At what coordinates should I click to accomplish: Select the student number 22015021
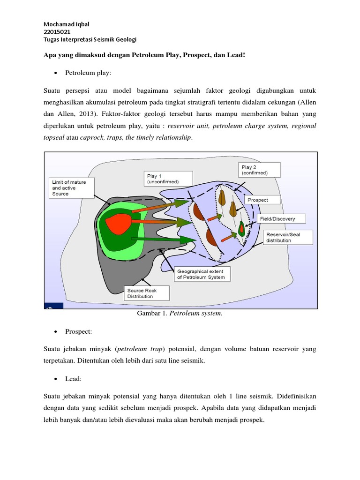[x=57, y=32]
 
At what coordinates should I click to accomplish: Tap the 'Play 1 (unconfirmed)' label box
[x=163, y=179]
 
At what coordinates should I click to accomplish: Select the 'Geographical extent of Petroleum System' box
[x=202, y=274]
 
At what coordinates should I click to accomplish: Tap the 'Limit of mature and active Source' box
[x=71, y=188]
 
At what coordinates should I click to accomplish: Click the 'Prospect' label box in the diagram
[x=262, y=200]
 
